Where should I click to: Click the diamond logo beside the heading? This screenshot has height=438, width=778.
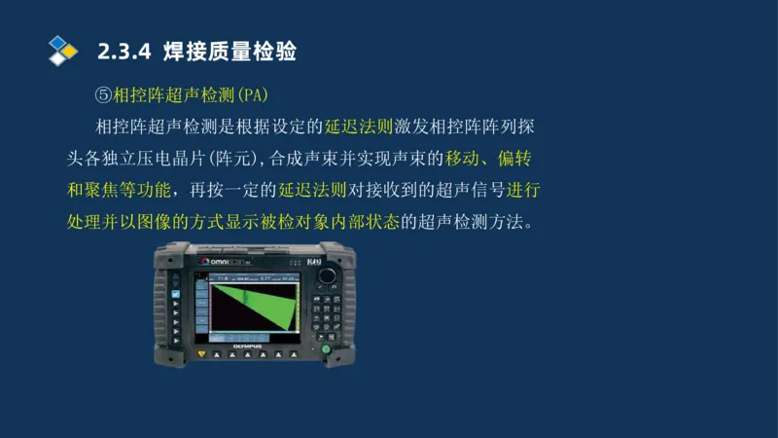pos(62,50)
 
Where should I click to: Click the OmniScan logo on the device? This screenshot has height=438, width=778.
pos(226,263)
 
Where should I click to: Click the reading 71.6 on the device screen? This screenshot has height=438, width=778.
pos(221,277)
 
